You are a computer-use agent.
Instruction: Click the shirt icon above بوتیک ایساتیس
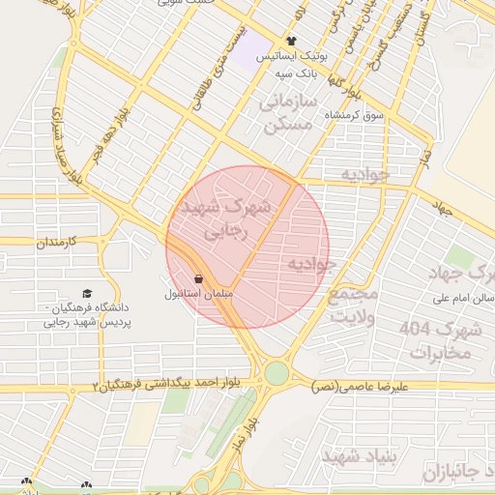click(291, 42)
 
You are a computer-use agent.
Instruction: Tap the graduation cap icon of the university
click(87, 293)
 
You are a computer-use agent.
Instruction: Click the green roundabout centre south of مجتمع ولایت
click(277, 372)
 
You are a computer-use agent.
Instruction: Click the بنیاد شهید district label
click(355, 455)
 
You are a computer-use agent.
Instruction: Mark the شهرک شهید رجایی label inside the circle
click(226, 218)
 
